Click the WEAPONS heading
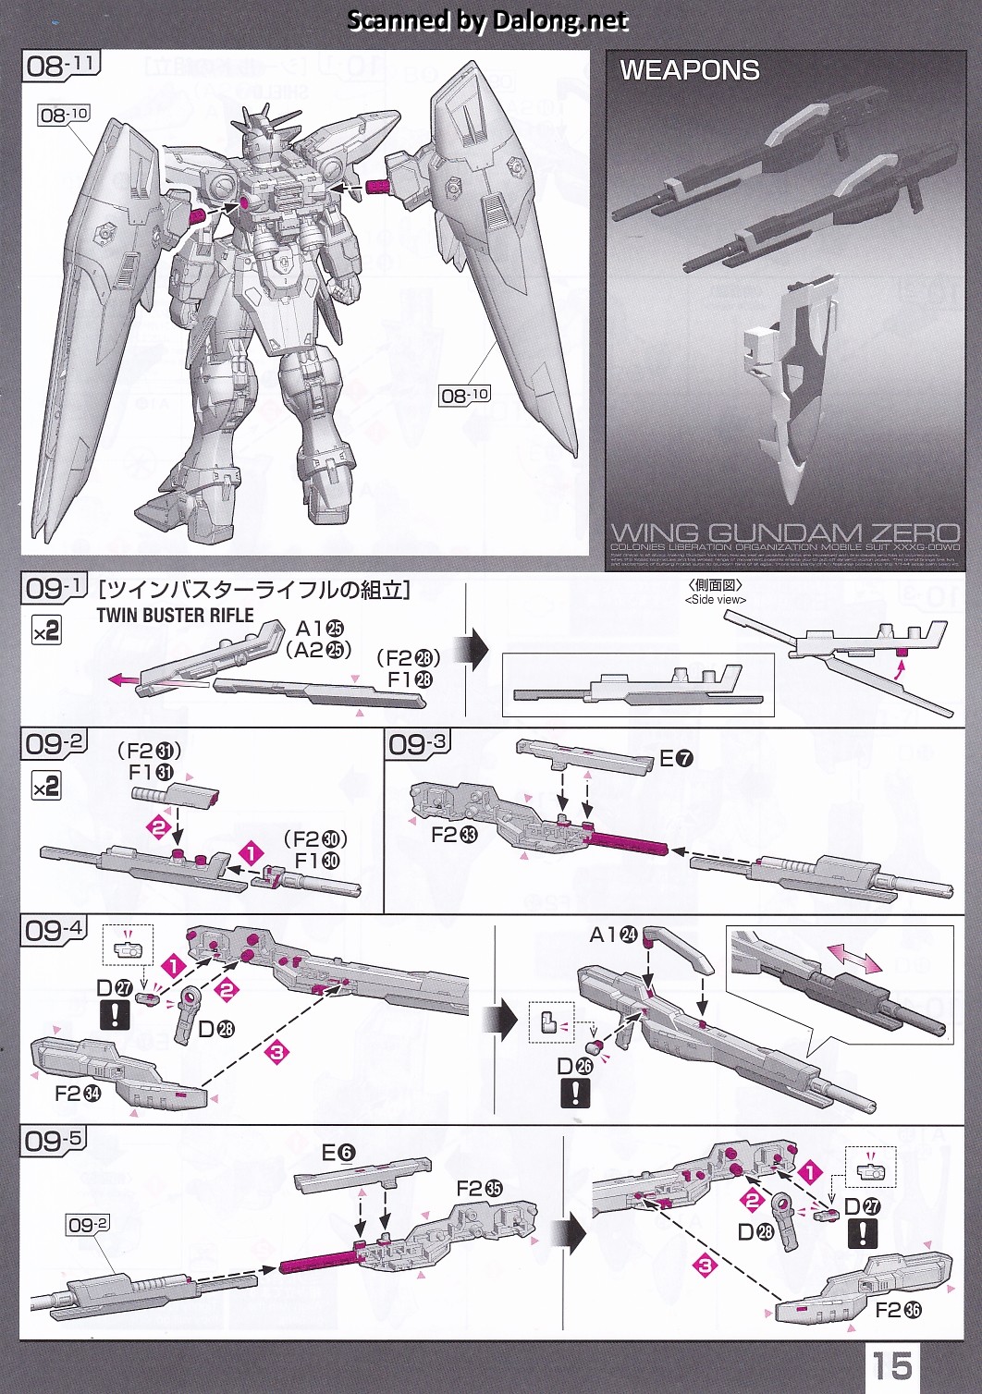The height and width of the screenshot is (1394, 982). [690, 70]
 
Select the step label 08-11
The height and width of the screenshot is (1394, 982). [61, 65]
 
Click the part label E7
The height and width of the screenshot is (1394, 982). [676, 759]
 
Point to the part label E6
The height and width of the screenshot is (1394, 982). [338, 1153]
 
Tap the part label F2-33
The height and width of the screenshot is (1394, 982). [455, 835]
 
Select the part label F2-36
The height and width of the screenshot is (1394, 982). [899, 1310]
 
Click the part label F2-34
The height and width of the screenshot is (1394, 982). [78, 1094]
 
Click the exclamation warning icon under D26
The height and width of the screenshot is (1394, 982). [574, 1094]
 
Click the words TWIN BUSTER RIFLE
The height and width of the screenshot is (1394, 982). [175, 616]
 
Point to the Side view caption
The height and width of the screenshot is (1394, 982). [715, 599]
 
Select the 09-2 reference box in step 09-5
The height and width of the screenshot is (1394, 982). [88, 1225]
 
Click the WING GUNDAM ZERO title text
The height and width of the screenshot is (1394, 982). [785, 532]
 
